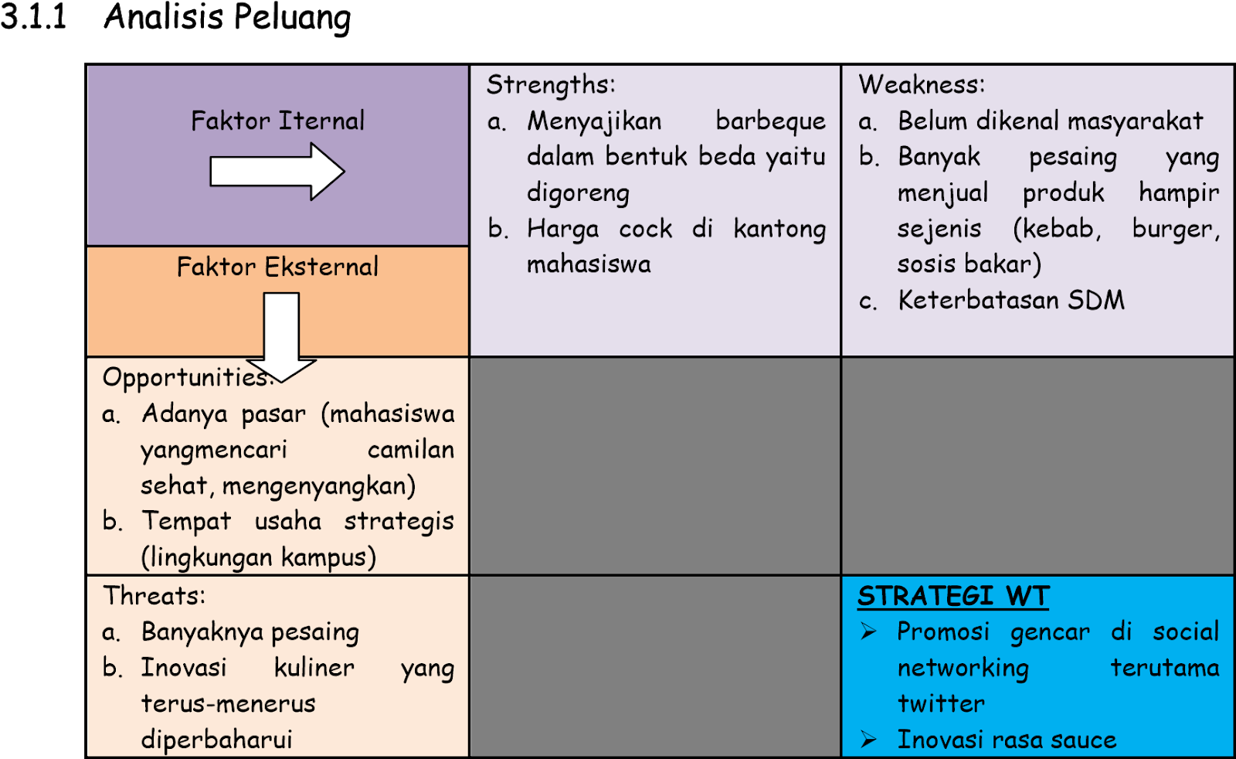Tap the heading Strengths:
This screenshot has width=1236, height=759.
coord(551,85)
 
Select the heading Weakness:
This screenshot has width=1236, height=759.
coord(922,85)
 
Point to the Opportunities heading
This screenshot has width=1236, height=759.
coord(185,378)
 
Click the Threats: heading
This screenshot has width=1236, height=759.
coord(154,596)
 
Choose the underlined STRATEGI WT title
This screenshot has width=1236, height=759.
coord(953,597)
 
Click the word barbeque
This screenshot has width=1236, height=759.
coord(770,121)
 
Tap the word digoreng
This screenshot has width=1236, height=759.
coord(578,193)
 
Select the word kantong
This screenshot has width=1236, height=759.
coord(779,230)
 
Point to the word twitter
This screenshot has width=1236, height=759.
coord(941,704)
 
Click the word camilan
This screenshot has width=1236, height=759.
coord(411,450)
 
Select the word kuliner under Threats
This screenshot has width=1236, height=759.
coord(314,668)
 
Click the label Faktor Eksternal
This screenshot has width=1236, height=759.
coord(277,267)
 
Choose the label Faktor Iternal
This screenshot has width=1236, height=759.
coord(277,121)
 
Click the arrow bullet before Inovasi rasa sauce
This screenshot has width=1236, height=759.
coord(869,740)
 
